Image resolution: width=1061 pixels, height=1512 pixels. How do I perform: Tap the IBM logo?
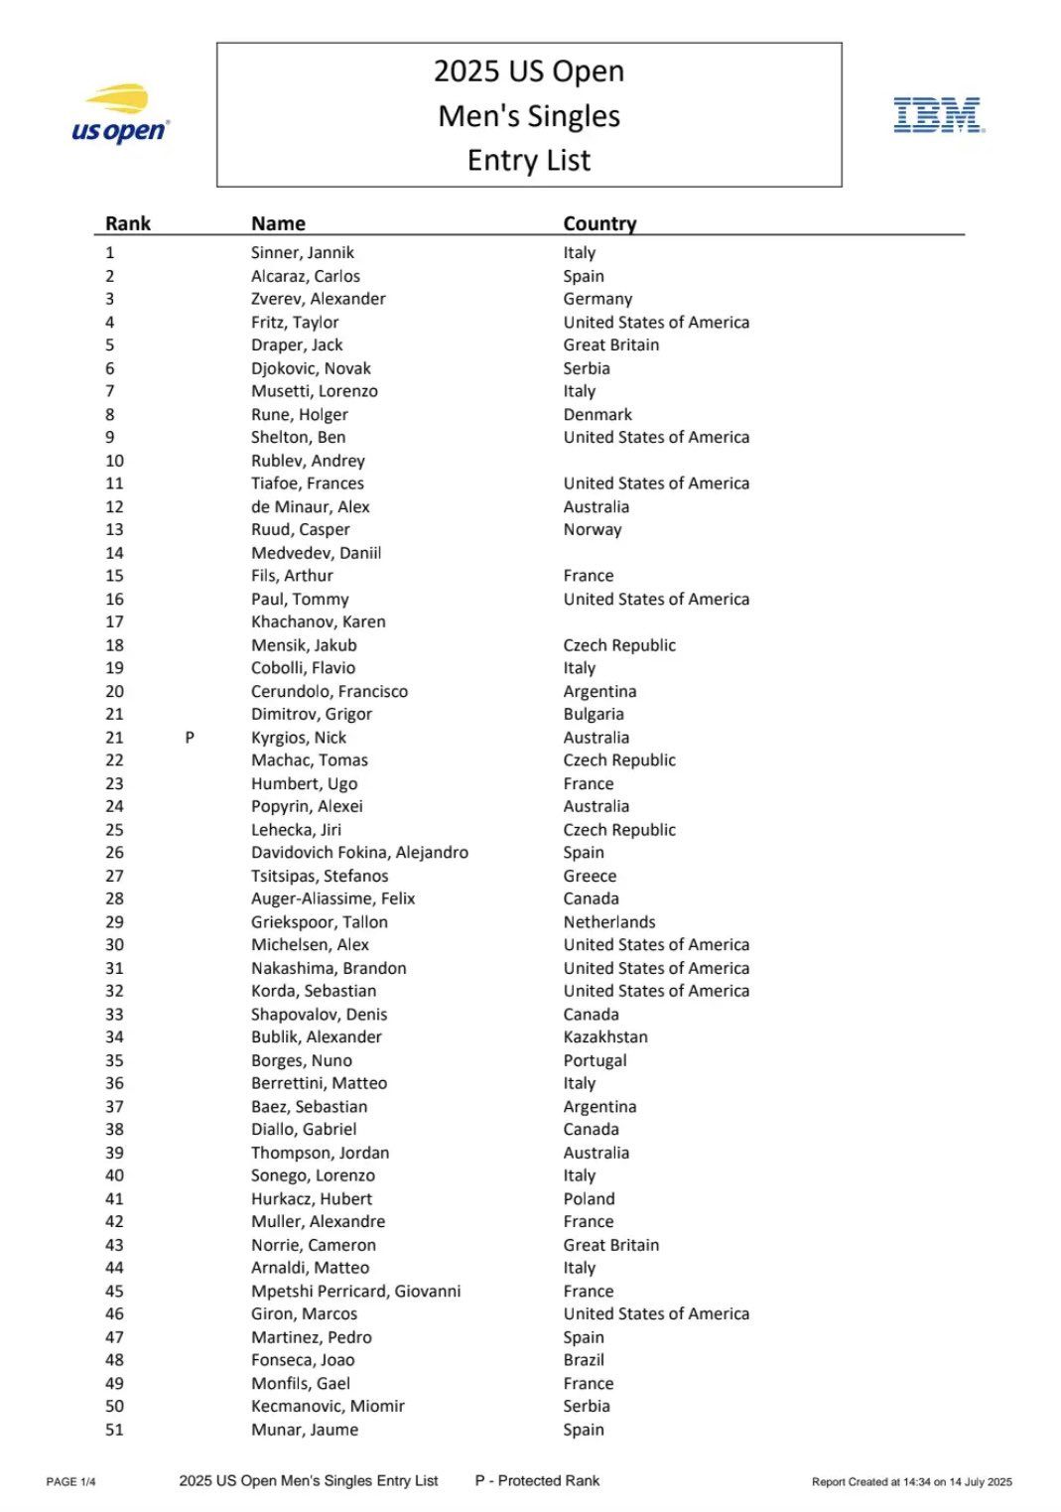[938, 115]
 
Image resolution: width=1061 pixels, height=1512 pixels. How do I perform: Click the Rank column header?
[128, 223]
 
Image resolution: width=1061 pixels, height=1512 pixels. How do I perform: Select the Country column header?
[599, 223]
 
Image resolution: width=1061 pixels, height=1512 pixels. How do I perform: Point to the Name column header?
[278, 223]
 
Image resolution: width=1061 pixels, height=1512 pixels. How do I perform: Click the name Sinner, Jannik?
[302, 252]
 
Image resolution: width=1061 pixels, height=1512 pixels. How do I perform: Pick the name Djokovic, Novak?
[311, 368]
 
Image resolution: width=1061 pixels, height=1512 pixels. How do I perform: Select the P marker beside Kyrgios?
[190, 738]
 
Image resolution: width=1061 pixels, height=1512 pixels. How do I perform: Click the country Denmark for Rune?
[597, 414]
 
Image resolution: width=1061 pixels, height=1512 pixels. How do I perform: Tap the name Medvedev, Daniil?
[316, 553]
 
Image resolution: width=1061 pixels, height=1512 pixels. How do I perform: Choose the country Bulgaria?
[594, 714]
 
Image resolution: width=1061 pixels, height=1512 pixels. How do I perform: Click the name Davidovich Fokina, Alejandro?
[359, 852]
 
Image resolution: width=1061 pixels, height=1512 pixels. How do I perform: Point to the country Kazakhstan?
[605, 1036]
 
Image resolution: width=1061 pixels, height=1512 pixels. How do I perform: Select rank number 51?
[115, 1430]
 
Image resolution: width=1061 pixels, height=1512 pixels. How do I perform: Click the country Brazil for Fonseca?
[584, 1360]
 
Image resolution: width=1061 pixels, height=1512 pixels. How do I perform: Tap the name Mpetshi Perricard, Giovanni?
[355, 1291]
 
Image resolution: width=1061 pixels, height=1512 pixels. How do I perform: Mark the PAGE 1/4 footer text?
[70, 1482]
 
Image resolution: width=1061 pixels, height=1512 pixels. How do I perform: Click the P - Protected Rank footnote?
[537, 1480]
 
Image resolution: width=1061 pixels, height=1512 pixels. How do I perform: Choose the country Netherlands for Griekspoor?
[609, 921]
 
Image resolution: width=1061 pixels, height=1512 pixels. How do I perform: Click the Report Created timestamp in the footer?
[911, 1482]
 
